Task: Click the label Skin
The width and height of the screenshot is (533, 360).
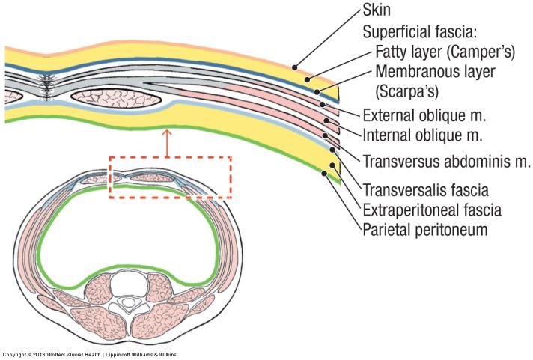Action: tap(377, 10)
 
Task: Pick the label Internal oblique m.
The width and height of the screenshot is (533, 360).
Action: tap(422, 136)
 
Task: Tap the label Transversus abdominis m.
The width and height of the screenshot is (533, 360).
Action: tap(446, 161)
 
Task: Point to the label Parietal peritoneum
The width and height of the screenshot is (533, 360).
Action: tap(424, 229)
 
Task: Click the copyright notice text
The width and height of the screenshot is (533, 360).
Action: tap(90, 354)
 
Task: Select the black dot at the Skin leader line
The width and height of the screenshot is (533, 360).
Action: tap(296, 64)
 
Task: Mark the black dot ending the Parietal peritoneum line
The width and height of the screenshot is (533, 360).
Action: tap(323, 174)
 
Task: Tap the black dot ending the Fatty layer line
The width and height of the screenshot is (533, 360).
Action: tap(308, 78)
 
